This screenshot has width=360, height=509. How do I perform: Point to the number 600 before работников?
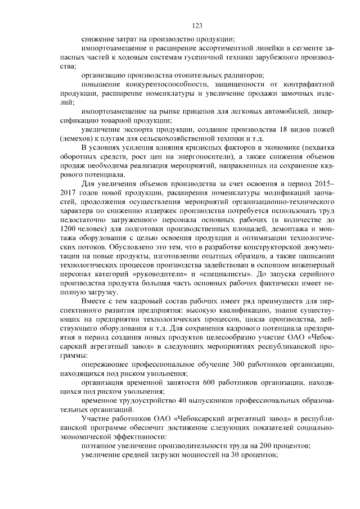tap(212, 382)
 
